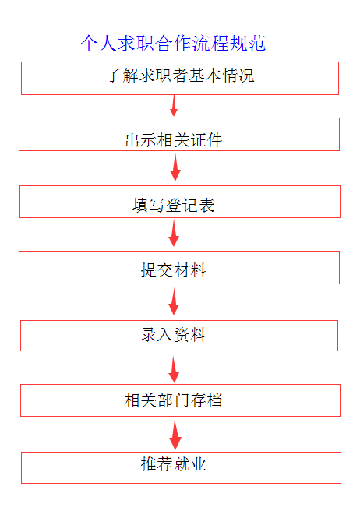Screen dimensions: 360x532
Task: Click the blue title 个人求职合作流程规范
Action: (x=173, y=44)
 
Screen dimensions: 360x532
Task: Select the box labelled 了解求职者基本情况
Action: (x=180, y=78)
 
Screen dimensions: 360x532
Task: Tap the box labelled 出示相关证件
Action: (x=179, y=134)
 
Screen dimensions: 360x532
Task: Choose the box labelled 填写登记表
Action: (x=180, y=202)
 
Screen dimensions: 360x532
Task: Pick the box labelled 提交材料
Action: (x=179, y=267)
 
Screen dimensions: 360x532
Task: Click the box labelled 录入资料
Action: (x=179, y=336)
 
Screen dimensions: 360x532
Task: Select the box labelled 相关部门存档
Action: (x=180, y=400)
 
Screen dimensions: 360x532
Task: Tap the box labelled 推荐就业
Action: (x=182, y=467)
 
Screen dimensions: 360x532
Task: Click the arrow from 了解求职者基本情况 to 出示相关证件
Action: (x=174, y=106)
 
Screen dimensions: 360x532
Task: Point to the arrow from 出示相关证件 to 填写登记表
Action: (x=175, y=167)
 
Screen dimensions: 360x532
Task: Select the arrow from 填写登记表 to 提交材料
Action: (x=174, y=233)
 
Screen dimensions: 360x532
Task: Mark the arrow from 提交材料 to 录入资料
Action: (x=174, y=301)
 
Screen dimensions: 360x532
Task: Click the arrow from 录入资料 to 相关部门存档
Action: (x=174, y=369)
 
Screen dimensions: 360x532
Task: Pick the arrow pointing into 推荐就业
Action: (x=175, y=435)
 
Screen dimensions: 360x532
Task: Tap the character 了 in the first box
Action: (x=113, y=76)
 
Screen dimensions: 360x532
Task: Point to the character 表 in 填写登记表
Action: (x=206, y=206)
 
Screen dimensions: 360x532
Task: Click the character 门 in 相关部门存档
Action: (x=182, y=400)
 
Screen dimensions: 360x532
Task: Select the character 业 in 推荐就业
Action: (x=199, y=464)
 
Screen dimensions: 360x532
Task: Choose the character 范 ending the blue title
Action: (x=257, y=44)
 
